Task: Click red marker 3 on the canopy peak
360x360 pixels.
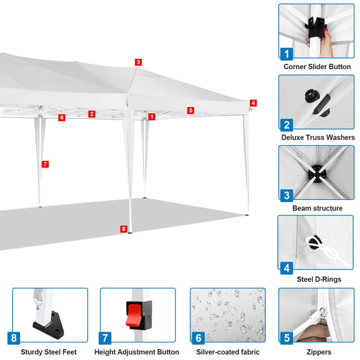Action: (138, 62)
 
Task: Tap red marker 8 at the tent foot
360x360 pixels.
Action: (123, 229)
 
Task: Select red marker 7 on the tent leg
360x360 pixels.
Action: (45, 164)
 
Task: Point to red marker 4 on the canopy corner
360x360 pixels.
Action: (253, 103)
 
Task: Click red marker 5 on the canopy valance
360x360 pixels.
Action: (190, 110)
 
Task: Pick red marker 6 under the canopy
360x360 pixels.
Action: (61, 118)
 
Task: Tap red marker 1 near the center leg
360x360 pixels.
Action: (152, 117)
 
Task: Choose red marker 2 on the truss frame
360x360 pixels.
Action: (91, 114)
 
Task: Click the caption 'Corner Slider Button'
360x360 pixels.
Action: (316, 67)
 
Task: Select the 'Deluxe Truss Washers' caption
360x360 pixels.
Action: (316, 138)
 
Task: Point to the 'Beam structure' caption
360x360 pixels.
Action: (316, 209)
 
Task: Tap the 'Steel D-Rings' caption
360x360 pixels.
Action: (316, 280)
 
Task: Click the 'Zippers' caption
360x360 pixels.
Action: (316, 352)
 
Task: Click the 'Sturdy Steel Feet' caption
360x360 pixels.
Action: (49, 352)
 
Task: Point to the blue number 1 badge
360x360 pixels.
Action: (287, 53)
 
